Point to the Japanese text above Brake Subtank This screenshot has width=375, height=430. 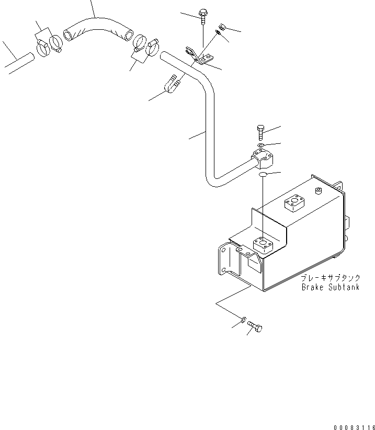[330, 278]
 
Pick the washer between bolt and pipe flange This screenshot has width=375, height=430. [260, 145]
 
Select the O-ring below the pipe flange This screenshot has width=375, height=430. [264, 174]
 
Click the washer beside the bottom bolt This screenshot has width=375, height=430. [244, 319]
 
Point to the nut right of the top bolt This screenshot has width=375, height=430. [222, 26]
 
